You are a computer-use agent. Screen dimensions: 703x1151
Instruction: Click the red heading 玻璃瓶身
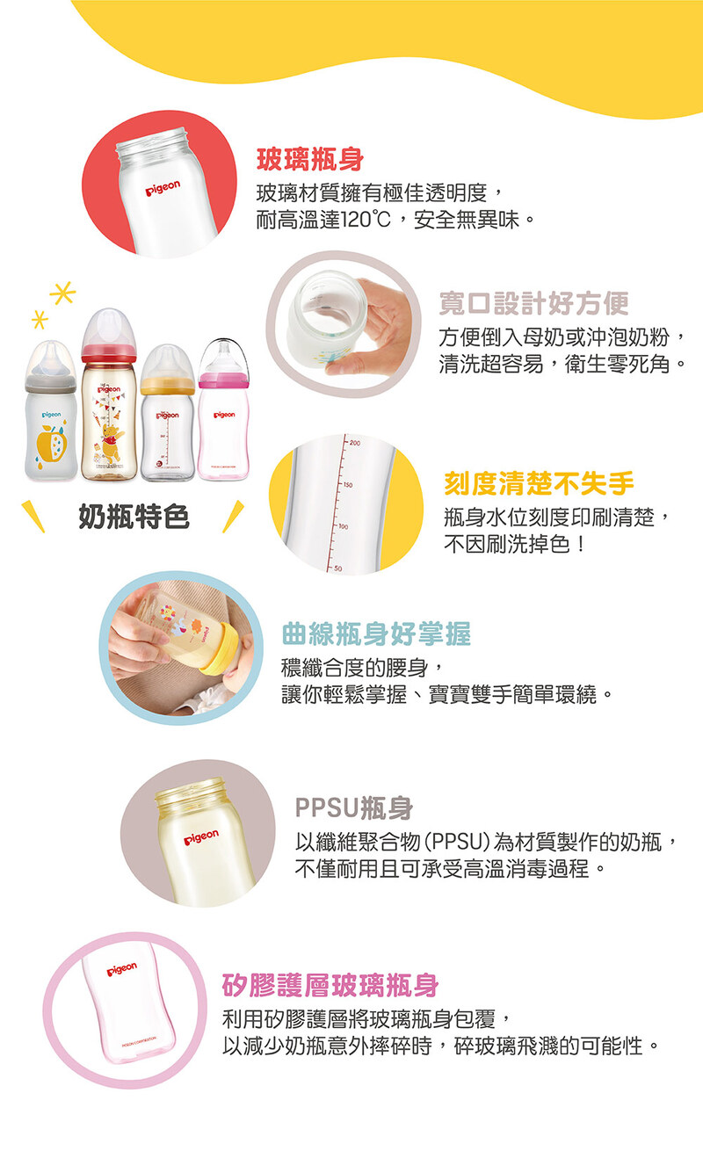pyautogui.click(x=310, y=159)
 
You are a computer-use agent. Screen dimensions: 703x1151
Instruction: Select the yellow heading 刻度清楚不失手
pyautogui.click(x=539, y=483)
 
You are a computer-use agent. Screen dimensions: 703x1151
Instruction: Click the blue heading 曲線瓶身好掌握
pyautogui.click(x=376, y=633)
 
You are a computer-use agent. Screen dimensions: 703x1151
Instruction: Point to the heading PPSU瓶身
pyautogui.click(x=354, y=807)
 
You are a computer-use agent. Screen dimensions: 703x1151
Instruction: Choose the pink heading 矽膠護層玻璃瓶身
pyautogui.click(x=330, y=986)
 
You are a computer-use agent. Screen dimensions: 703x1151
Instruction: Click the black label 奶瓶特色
pyautogui.click(x=134, y=517)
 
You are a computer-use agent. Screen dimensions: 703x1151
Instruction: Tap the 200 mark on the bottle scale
pyautogui.click(x=355, y=443)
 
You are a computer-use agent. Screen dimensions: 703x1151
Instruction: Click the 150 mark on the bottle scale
pyautogui.click(x=348, y=484)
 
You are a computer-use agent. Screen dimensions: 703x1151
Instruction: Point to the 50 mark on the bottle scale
pyautogui.click(x=337, y=568)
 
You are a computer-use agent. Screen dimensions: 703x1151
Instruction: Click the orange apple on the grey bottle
pyautogui.click(x=51, y=443)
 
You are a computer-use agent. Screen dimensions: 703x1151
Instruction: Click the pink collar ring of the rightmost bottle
pyautogui.click(x=223, y=380)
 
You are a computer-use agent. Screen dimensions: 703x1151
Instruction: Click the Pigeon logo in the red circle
pyautogui.click(x=163, y=188)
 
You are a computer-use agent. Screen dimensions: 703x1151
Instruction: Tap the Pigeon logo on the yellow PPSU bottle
pyautogui.click(x=201, y=837)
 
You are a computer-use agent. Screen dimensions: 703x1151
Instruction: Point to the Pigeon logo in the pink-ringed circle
pyautogui.click(x=122, y=969)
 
